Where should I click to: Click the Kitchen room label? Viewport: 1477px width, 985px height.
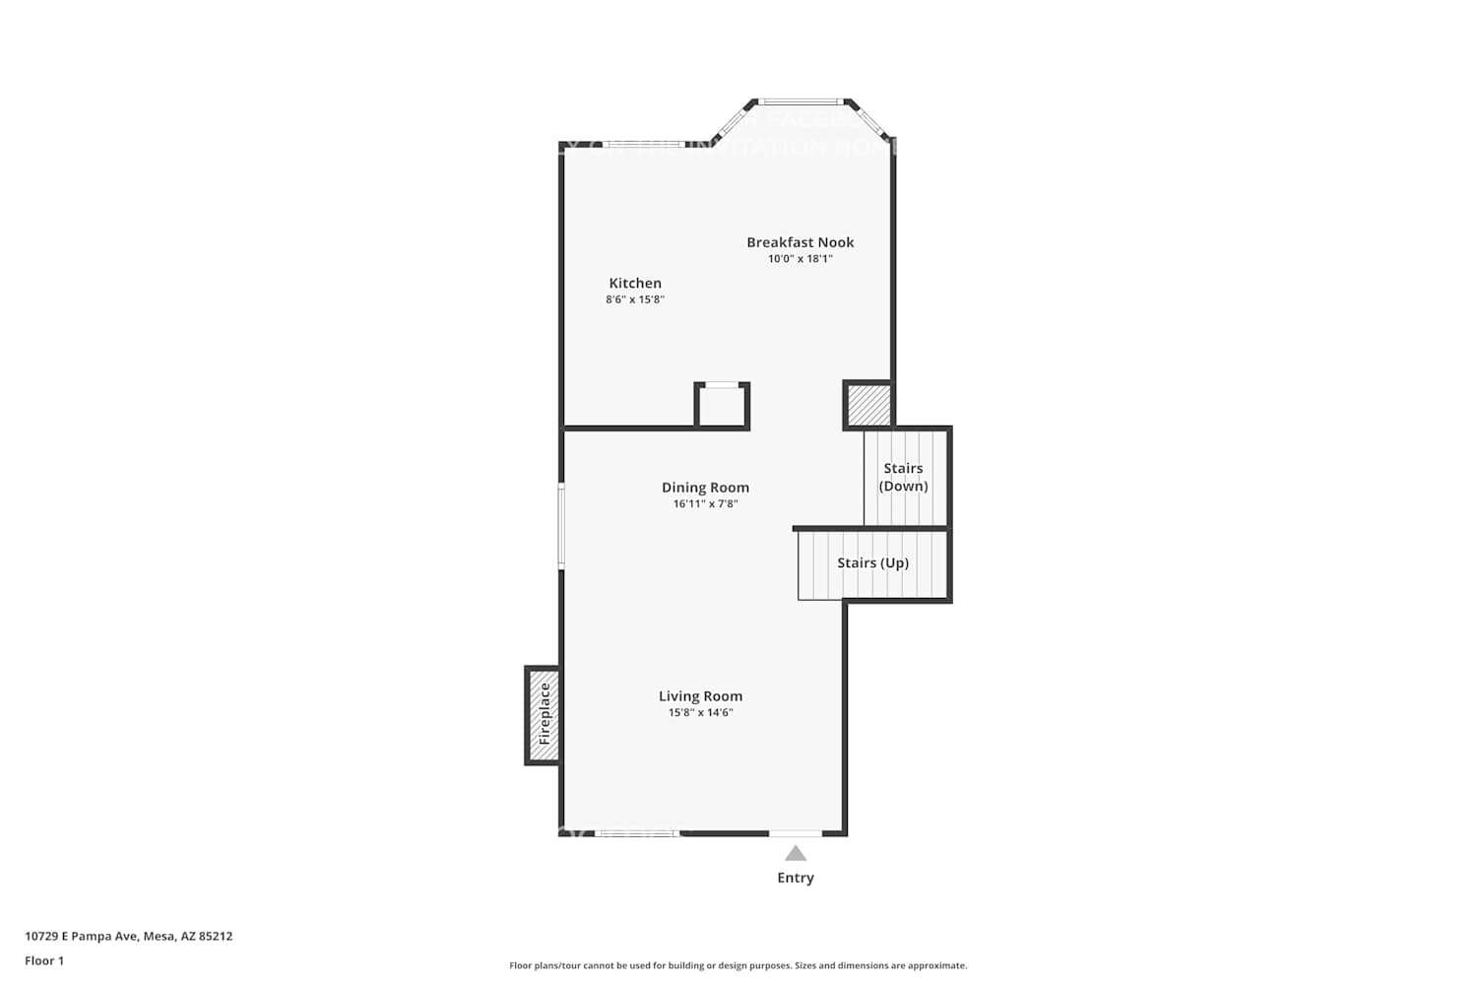pos(635,284)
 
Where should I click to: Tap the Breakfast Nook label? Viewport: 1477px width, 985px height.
pos(800,242)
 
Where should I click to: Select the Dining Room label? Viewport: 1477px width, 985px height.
pos(705,488)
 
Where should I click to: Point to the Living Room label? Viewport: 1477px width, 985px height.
pos(700,696)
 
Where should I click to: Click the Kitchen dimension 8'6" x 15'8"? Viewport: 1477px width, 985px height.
pos(635,299)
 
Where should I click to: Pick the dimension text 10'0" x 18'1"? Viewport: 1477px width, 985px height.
pos(800,259)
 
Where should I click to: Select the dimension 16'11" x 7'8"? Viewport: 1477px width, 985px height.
pos(705,504)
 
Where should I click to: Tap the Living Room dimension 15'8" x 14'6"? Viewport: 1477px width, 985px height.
pos(700,713)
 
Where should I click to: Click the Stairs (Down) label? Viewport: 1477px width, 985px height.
pos(903,477)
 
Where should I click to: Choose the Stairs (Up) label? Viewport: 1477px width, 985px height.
pos(872,563)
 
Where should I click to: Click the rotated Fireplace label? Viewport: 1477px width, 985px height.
pos(544,714)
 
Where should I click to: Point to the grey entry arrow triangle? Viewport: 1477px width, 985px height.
pos(796,854)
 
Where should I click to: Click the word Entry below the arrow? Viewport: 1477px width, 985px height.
pos(796,878)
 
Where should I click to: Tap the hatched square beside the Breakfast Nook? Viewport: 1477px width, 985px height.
pos(868,405)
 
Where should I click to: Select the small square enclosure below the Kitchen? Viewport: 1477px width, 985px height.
pos(722,406)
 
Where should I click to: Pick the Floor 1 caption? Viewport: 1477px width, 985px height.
pos(44,961)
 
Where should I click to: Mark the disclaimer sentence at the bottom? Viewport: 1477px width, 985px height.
pos(738,966)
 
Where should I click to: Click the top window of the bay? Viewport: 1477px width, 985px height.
pos(801,101)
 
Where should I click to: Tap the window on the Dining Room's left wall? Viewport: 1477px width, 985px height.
pos(561,525)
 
